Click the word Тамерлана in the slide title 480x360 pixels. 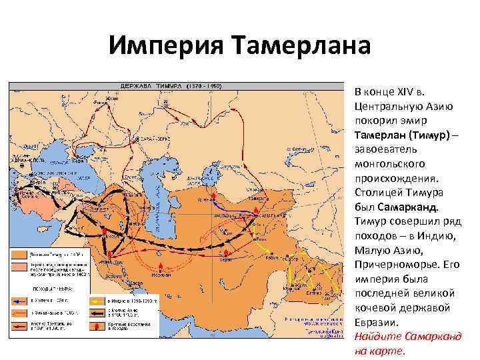300,47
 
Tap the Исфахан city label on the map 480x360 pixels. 159,272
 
